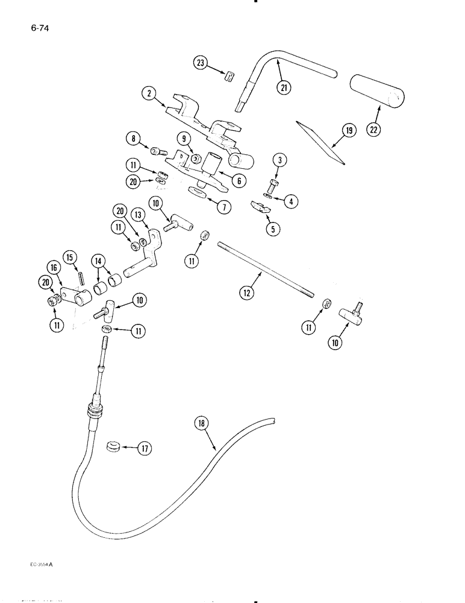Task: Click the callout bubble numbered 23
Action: point(200,62)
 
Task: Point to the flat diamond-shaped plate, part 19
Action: point(321,142)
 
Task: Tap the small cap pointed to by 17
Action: point(112,447)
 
